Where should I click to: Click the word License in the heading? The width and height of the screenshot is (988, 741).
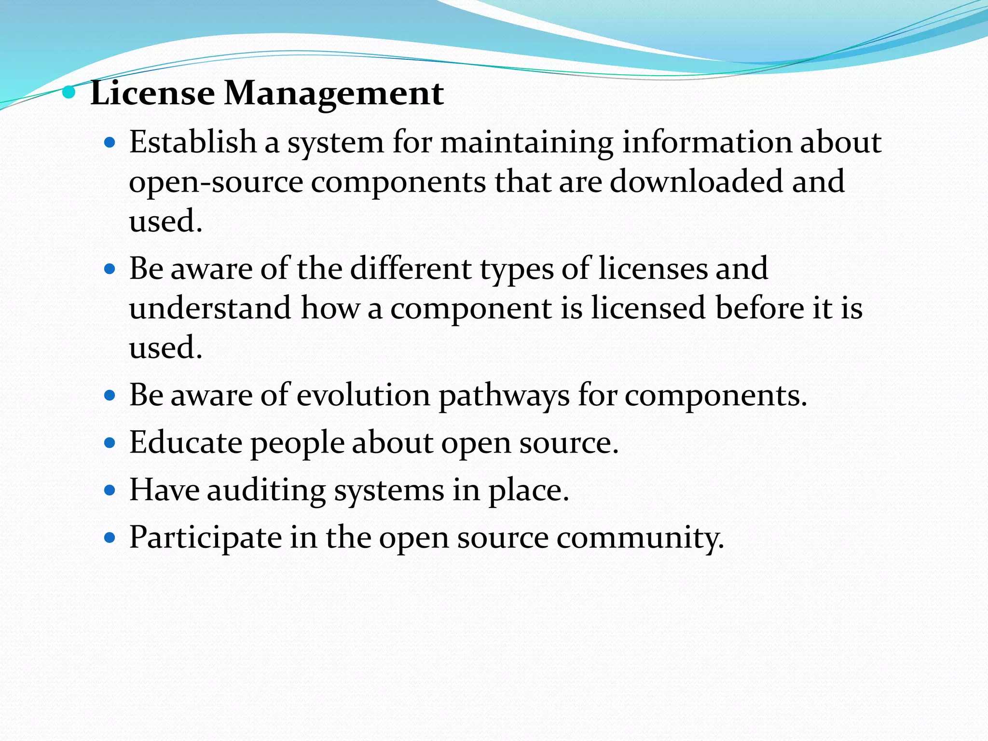coord(152,93)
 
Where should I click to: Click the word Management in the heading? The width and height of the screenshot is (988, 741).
coord(333,93)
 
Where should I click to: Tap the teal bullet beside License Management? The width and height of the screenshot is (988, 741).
coord(69,92)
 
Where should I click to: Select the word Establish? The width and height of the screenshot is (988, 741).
coord(192,142)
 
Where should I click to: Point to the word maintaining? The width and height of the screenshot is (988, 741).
coord(526,143)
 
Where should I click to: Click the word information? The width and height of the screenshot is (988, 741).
coord(707,142)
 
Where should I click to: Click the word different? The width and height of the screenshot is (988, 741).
coord(411,268)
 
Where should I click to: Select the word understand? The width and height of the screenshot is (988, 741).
coord(210,308)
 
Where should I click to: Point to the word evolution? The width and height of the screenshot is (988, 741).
coord(363,395)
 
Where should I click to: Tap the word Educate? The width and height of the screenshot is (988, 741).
coord(186,442)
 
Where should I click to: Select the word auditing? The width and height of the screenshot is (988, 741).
coord(266,491)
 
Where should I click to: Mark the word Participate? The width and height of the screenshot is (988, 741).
coord(206,537)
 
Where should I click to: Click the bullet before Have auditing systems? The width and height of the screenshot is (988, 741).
coord(110,491)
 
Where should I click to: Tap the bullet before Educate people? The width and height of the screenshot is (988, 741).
coord(110,442)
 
